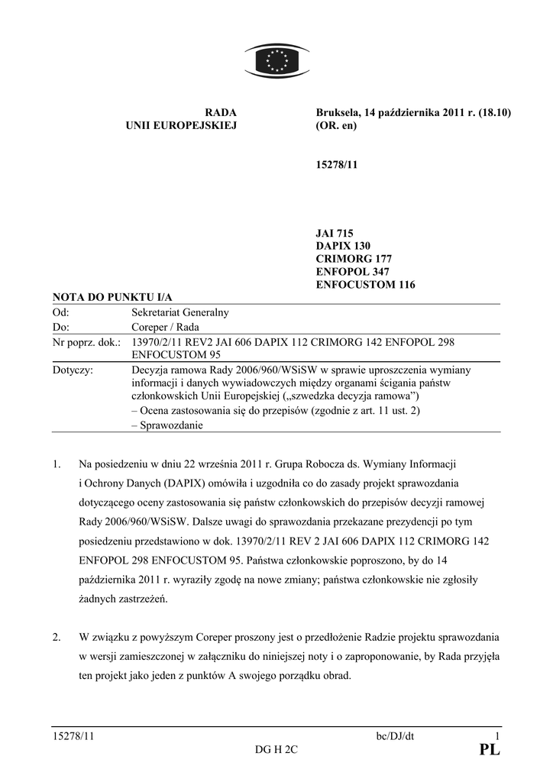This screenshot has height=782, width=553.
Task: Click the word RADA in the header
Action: point(222,113)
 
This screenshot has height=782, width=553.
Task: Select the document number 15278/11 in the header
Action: point(336,165)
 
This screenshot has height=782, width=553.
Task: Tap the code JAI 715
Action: point(335,233)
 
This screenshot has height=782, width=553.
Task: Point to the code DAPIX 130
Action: point(343,246)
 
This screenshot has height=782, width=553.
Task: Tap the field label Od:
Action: point(60,312)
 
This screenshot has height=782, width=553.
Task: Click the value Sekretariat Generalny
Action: point(180,312)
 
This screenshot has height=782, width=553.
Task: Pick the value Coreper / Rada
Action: point(166,327)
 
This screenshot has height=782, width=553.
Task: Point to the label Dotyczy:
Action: point(73,370)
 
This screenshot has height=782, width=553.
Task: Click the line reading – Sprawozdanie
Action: point(167,425)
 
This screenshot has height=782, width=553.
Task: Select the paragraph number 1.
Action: point(56,464)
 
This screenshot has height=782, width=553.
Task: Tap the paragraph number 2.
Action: point(56,637)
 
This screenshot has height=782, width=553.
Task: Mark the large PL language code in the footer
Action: point(490,751)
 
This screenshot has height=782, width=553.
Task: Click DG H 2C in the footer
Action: point(276,751)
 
